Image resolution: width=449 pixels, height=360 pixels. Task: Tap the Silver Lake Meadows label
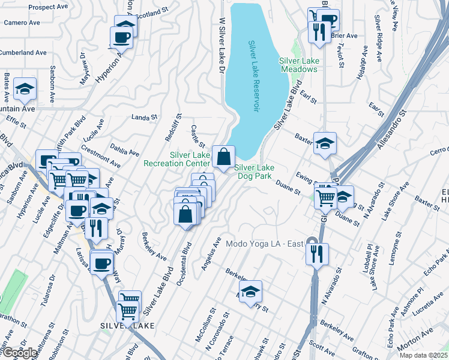(x=298, y=65)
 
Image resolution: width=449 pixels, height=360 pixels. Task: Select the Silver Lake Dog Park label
(x=255, y=172)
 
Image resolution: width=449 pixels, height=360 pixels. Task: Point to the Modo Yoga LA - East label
(x=265, y=244)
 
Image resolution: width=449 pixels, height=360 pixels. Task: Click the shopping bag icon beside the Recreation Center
(x=223, y=158)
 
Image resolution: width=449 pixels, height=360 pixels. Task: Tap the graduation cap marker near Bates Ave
(x=25, y=89)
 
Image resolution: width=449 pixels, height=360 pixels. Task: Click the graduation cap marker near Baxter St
(x=325, y=144)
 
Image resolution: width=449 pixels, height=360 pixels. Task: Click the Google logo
(x=19, y=353)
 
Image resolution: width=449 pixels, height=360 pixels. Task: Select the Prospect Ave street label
(x=47, y=7)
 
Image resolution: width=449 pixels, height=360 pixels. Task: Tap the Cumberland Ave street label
(x=23, y=53)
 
